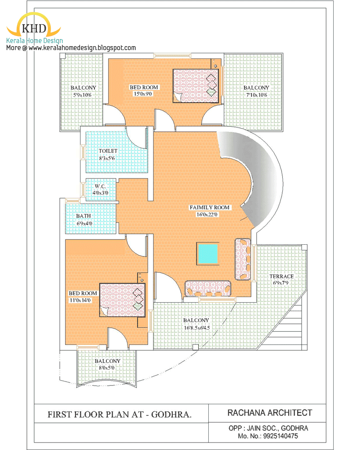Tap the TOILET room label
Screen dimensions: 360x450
108,151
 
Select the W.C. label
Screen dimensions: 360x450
100,186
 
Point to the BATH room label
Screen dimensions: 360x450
84,216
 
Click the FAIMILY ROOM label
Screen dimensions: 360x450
210,207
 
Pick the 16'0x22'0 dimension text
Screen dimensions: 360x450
207,214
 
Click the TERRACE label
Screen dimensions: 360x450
281,276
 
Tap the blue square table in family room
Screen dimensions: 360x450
208,254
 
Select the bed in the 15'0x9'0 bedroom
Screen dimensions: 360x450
196,86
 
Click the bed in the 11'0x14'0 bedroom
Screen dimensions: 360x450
123,300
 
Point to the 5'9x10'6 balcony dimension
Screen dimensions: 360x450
82,95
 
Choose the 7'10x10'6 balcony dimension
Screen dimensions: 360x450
256,95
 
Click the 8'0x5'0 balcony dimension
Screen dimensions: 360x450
106,368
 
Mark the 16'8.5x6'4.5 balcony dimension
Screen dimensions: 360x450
196,327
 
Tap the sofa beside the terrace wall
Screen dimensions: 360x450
243,259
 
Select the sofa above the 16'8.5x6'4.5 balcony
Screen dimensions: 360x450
208,288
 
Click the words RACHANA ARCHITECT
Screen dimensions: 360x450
269,413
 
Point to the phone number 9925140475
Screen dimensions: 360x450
280,436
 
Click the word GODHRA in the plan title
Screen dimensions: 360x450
171,415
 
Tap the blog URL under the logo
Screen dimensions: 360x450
82,48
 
